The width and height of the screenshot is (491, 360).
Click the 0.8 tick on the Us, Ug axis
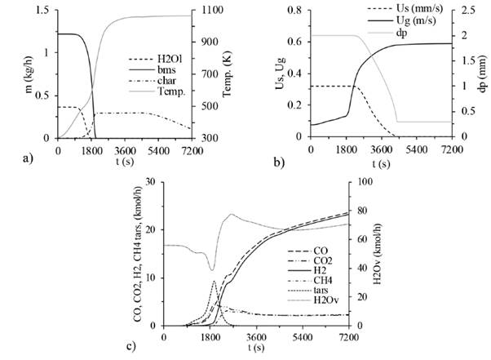[295, 11]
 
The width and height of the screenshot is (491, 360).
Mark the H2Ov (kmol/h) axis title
[380, 253]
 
